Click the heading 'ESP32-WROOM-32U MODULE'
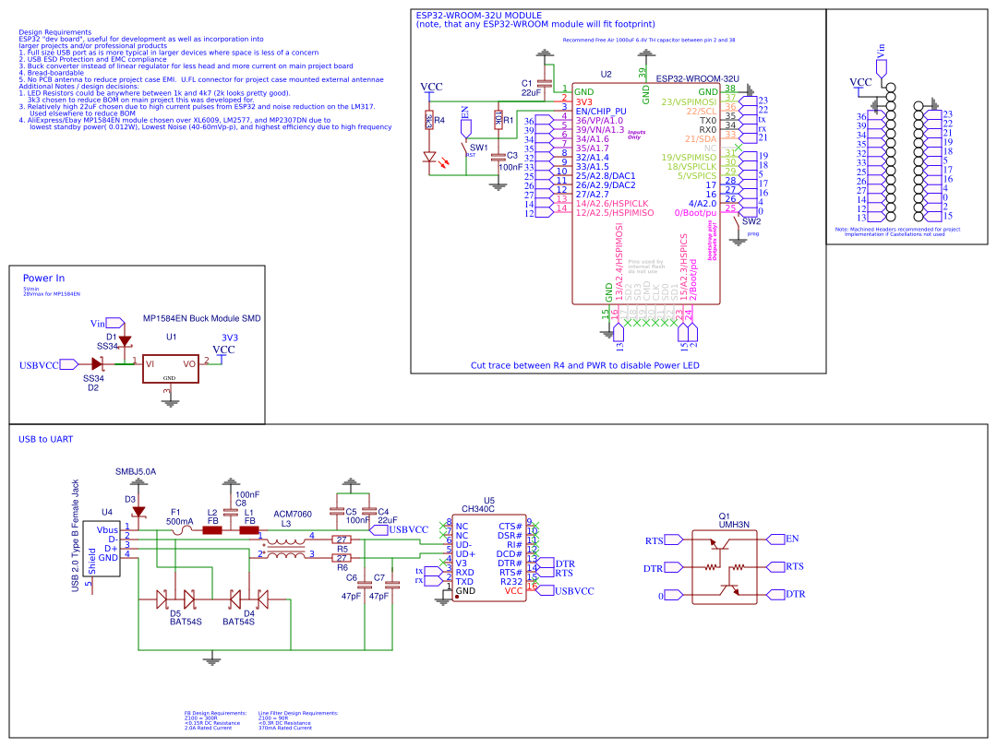click(478, 16)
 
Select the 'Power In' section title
click(43, 278)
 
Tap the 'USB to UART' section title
click(46, 439)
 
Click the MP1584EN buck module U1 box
click(171, 364)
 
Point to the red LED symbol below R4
click(429, 158)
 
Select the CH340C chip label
click(477, 508)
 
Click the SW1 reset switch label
click(478, 148)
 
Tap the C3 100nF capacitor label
click(511, 161)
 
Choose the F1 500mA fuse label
click(179, 521)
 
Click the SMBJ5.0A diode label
click(136, 471)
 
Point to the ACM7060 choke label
click(293, 514)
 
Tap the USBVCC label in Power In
click(39, 365)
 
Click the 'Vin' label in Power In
click(98, 324)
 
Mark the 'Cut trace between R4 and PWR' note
click(584, 365)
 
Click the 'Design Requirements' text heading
click(54, 32)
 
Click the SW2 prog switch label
click(751, 221)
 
